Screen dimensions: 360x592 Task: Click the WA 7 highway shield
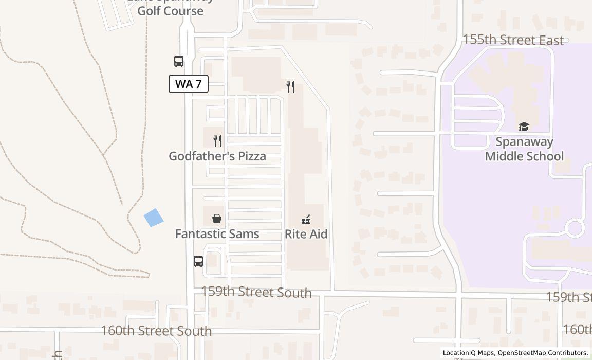pyautogui.click(x=189, y=84)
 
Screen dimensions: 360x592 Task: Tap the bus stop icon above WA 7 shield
pyautogui.click(x=179, y=61)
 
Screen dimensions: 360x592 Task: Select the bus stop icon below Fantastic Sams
pyautogui.click(x=198, y=261)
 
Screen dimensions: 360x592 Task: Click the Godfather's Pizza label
pyautogui.click(x=217, y=156)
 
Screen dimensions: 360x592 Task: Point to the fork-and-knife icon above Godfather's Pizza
pyautogui.click(x=217, y=140)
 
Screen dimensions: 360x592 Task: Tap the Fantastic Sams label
pyautogui.click(x=217, y=234)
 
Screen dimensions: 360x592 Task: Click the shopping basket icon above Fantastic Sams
pyautogui.click(x=217, y=219)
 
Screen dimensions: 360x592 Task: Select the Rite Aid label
pyautogui.click(x=306, y=234)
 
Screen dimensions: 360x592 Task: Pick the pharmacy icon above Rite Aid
pyautogui.click(x=306, y=220)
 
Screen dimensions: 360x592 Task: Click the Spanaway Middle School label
pyautogui.click(x=524, y=149)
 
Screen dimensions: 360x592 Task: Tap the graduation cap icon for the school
pyautogui.click(x=524, y=127)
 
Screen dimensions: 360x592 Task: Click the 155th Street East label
pyautogui.click(x=513, y=40)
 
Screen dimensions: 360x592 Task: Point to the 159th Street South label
pyautogui.click(x=256, y=292)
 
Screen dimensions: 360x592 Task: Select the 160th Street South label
pyautogui.click(x=156, y=331)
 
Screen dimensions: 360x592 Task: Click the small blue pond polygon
pyautogui.click(x=154, y=218)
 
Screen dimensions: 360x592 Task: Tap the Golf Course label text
pyautogui.click(x=170, y=10)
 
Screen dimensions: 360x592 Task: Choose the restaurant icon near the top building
pyautogui.click(x=290, y=87)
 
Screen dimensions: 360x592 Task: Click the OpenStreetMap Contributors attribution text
pyautogui.click(x=543, y=353)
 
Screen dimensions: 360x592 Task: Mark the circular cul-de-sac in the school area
pyautogui.click(x=575, y=228)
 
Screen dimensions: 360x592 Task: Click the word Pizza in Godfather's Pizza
pyautogui.click(x=248, y=156)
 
